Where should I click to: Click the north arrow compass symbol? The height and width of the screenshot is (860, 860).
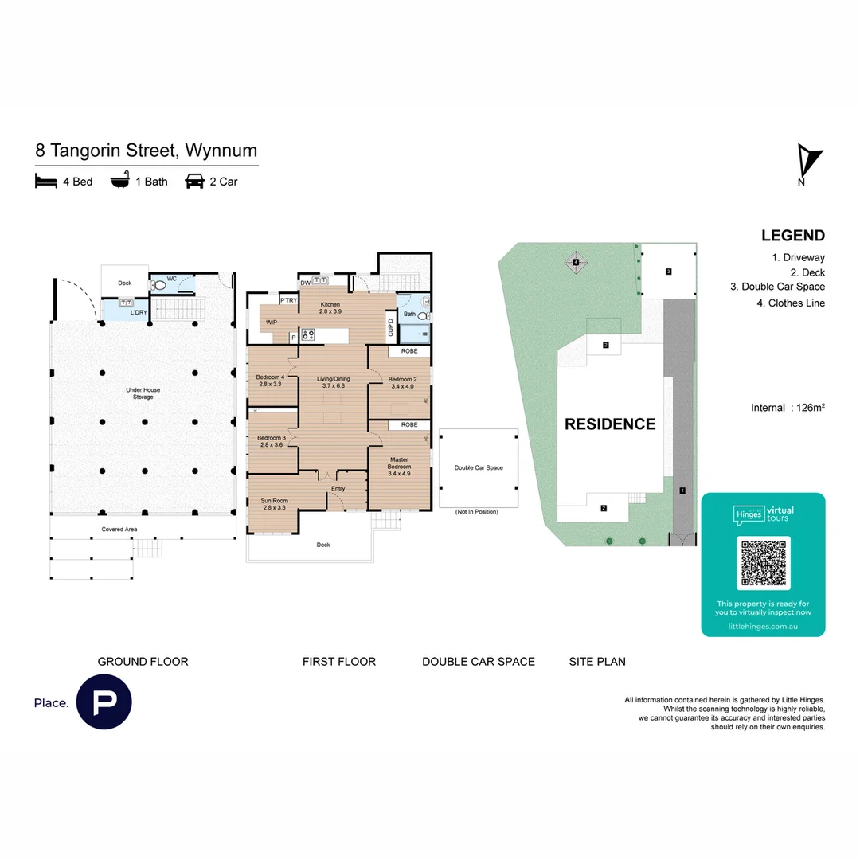(x=811, y=162)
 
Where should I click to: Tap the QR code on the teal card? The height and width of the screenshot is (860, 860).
(x=763, y=562)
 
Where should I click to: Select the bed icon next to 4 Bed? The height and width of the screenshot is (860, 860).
(x=47, y=182)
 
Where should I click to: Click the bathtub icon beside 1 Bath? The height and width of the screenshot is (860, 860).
(x=119, y=182)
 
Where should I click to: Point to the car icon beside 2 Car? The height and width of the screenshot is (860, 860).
(x=194, y=182)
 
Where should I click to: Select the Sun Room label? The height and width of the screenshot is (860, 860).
(x=274, y=504)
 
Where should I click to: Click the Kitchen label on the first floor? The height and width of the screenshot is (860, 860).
(x=330, y=308)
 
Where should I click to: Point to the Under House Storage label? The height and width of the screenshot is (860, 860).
(x=143, y=393)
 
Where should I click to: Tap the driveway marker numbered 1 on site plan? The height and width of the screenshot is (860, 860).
(x=682, y=491)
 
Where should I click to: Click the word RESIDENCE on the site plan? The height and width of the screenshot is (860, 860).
(x=610, y=424)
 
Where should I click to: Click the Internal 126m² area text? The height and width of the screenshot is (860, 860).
(x=787, y=408)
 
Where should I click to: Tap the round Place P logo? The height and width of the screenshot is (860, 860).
(x=104, y=702)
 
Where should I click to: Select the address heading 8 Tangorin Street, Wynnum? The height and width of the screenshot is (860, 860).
(x=146, y=150)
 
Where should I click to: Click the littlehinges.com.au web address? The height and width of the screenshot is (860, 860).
(x=763, y=627)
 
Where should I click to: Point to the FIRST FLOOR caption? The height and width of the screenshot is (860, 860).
(x=338, y=661)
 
